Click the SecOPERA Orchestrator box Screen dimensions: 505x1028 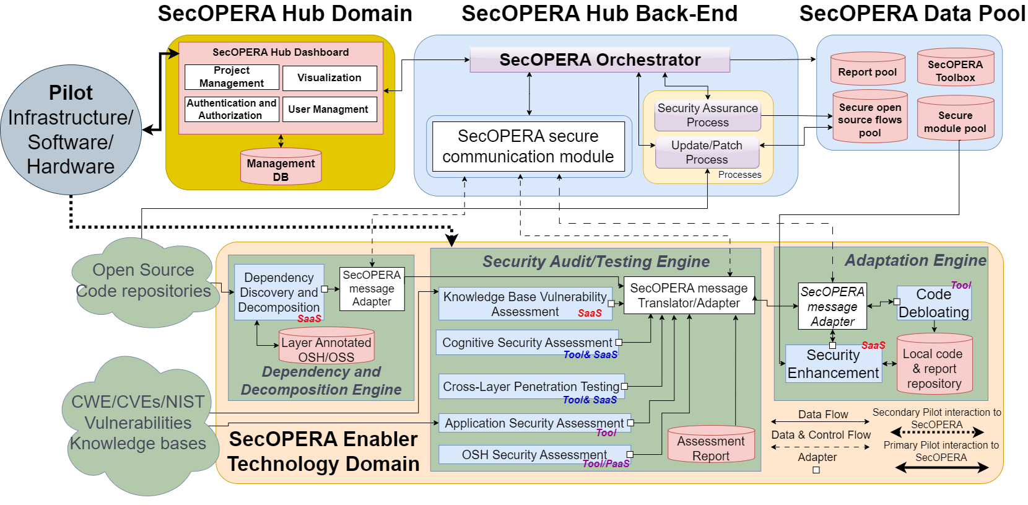599,60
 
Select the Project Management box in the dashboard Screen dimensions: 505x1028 232,77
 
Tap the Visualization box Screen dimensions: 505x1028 329,78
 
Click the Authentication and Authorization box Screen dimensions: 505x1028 232,109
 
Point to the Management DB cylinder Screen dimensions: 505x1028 281,167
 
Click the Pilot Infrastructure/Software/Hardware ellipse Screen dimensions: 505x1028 71,130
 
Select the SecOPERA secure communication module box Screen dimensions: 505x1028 528,146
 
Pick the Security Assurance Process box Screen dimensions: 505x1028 707,116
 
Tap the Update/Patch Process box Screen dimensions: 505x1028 707,152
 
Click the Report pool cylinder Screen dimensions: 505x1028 867,69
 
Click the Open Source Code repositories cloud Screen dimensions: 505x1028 144,282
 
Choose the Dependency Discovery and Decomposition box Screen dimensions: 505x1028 279,292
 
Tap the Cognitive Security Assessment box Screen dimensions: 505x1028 526,343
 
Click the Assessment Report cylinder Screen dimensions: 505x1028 710,445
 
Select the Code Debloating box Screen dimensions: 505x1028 933,303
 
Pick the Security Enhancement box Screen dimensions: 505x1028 833,364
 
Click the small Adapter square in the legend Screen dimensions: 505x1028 816,470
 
